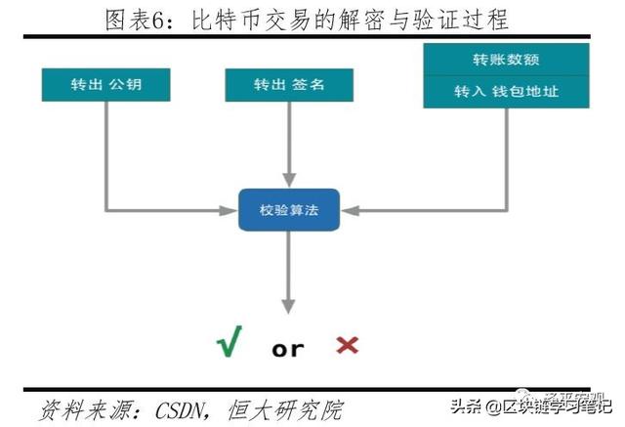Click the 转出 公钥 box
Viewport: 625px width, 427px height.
tap(105, 84)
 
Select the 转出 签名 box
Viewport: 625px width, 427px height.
tap(287, 84)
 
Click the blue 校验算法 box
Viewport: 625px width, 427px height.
tap(287, 209)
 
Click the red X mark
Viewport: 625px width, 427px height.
tap(347, 345)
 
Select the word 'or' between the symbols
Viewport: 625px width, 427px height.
tap(288, 348)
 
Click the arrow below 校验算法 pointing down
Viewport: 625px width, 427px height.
tap(287, 269)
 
